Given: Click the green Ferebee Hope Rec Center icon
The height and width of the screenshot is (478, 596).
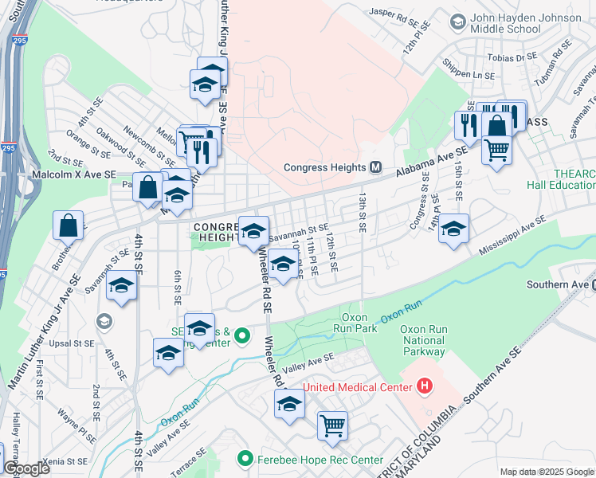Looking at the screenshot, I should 245,460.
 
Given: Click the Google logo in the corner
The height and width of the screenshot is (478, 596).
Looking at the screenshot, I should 26,468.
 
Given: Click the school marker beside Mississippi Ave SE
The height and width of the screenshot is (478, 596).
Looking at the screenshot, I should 453,229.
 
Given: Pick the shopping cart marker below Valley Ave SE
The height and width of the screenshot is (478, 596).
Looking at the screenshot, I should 332,425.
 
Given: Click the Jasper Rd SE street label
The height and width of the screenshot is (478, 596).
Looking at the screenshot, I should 393,13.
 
